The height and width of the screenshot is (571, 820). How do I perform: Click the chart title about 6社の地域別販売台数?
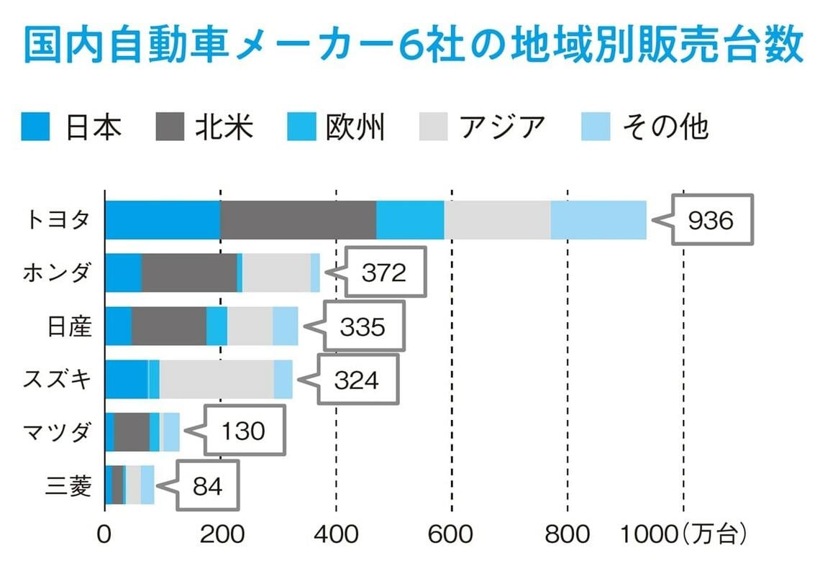[x=413, y=45]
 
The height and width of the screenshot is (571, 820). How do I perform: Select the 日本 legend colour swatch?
[x=35, y=127]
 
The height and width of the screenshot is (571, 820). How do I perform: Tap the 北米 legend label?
[x=224, y=127]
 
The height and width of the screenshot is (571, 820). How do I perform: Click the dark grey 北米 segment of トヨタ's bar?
[x=298, y=220]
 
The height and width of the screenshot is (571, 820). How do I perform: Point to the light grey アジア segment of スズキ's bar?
[x=217, y=379]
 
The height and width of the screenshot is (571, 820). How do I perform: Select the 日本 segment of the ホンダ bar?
[x=123, y=273]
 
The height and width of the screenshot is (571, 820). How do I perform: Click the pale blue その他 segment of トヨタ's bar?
[x=598, y=220]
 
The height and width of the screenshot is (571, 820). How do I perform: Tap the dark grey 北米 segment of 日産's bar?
[x=169, y=326]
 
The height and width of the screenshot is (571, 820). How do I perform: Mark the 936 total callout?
[x=710, y=220]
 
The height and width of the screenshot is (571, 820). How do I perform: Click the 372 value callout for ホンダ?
[x=384, y=273]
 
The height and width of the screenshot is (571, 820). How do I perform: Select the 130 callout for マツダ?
[x=243, y=431]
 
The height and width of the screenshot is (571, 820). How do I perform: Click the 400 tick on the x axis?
[x=336, y=535]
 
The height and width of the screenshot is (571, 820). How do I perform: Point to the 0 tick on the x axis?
[x=105, y=535]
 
